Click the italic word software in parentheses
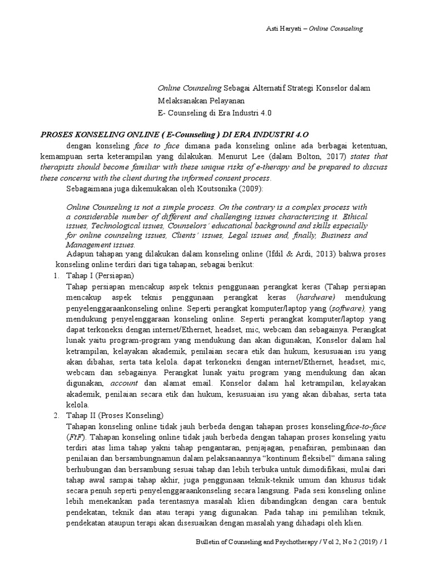[348, 307]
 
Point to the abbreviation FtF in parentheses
[73, 437]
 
